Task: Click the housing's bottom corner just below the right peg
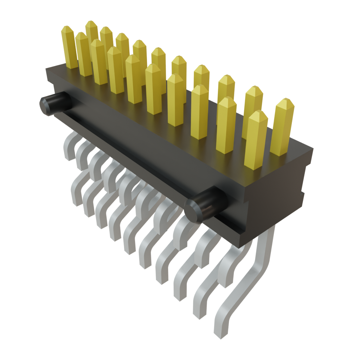[243, 244]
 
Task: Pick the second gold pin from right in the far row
[253, 105]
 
